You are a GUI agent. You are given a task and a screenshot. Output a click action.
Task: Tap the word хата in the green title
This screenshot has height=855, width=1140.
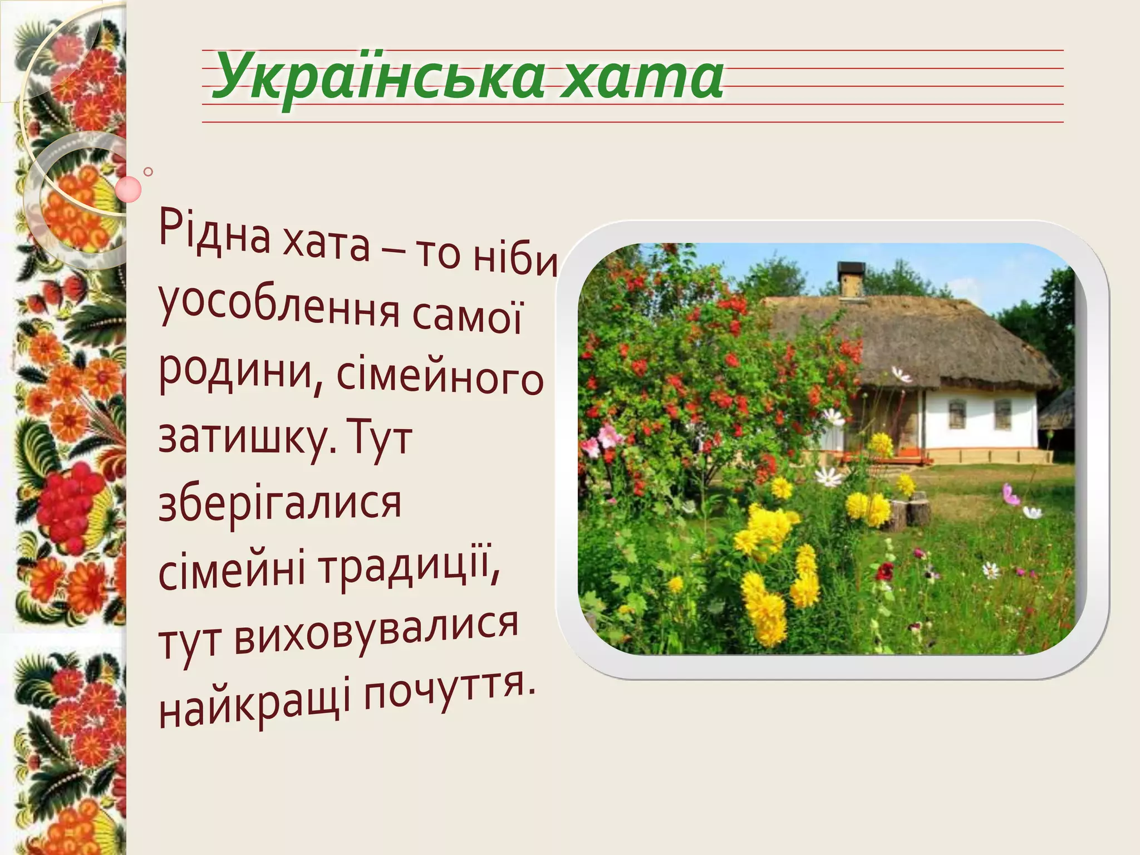pos(640,78)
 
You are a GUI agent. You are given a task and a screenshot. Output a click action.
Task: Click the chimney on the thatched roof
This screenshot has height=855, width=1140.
pos(851,278)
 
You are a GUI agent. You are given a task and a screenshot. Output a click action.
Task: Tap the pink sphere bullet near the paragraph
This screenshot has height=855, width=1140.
pos(129,189)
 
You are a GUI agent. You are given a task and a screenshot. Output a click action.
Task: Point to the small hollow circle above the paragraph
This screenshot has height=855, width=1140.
pos(148,171)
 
